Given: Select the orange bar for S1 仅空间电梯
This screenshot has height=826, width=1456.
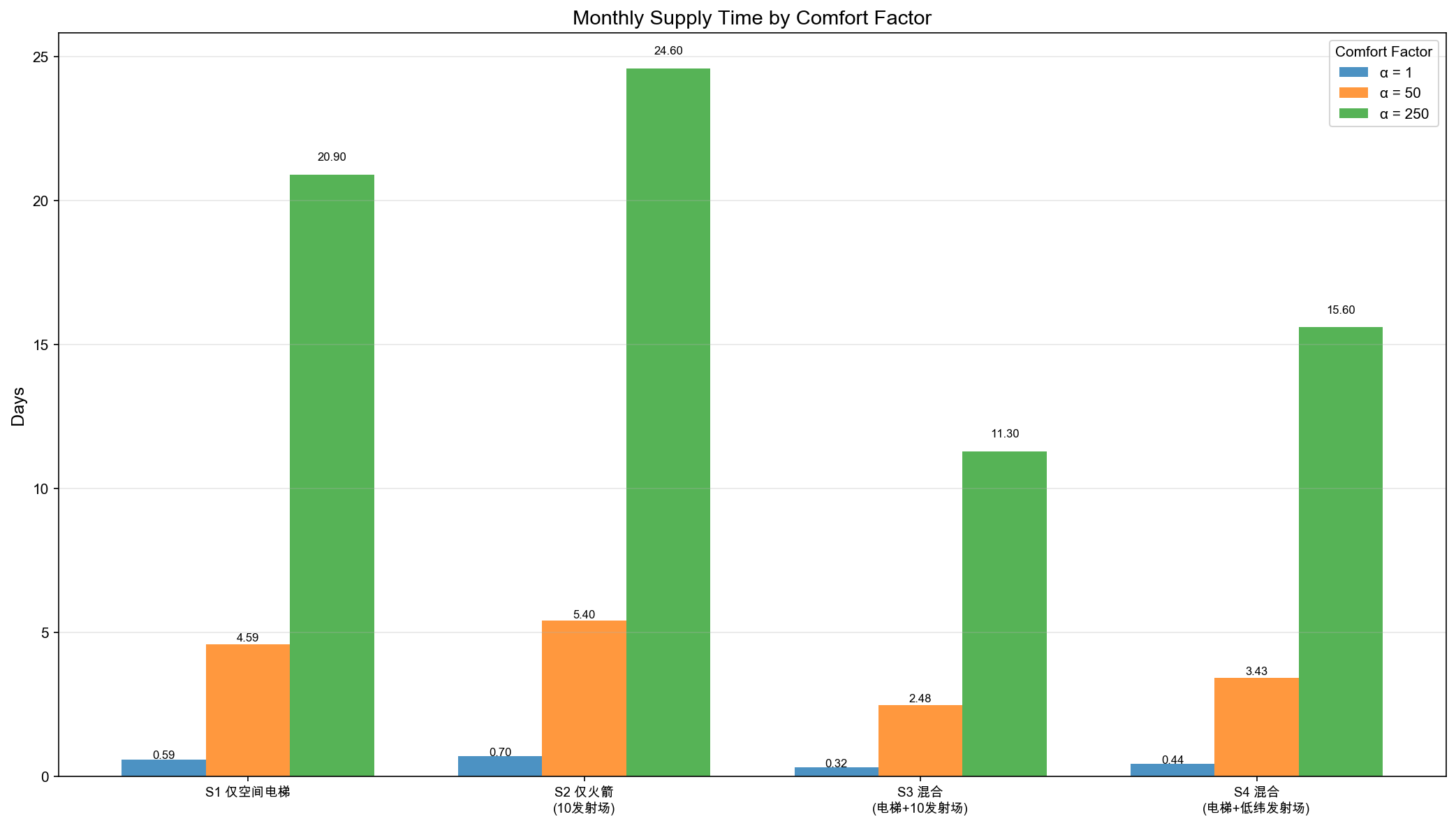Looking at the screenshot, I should pyautogui.click(x=248, y=710).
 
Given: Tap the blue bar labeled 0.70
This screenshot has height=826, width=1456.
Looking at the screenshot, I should pyautogui.click(x=500, y=766).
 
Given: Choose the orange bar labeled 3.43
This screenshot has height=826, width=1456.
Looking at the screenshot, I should pyautogui.click(x=1256, y=727).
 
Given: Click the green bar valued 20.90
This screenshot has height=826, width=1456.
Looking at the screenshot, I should pyautogui.click(x=332, y=475).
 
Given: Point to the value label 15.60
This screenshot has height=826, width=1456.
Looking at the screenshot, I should pyautogui.click(x=1340, y=310).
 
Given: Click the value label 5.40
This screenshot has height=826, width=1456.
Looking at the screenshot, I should pyautogui.click(x=584, y=615).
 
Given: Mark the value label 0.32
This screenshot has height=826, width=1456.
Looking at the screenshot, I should pyautogui.click(x=836, y=763).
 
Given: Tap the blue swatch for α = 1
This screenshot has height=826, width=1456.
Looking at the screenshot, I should pyautogui.click(x=1353, y=72).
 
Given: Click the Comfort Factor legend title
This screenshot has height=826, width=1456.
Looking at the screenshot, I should pyautogui.click(x=1383, y=52).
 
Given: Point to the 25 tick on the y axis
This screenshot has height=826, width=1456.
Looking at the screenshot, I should pyautogui.click(x=41, y=57).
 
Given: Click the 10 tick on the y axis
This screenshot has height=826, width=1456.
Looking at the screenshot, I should pyautogui.click(x=41, y=488).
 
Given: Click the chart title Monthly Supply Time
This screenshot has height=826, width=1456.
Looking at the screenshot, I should pyautogui.click(x=751, y=17).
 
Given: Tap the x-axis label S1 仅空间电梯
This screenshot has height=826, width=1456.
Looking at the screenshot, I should pyautogui.click(x=248, y=792).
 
